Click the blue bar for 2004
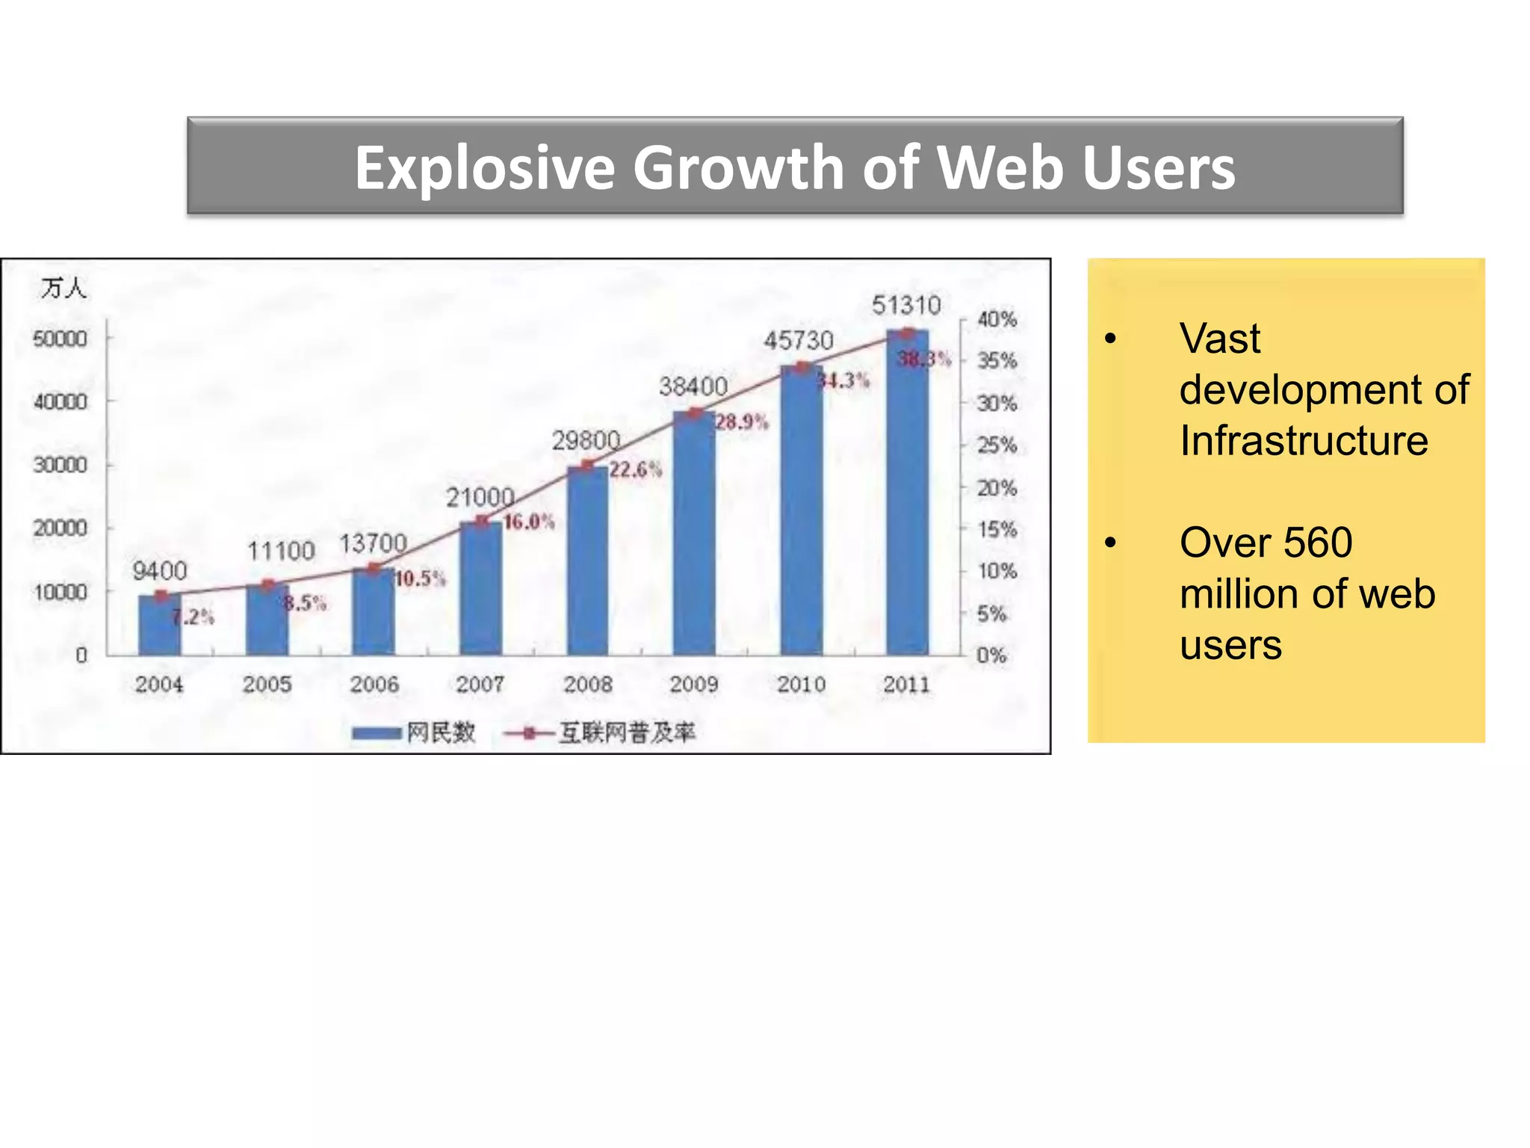pyautogui.click(x=159, y=626)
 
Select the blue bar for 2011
pyautogui.click(x=907, y=493)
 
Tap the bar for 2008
pyautogui.click(x=587, y=561)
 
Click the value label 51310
pyautogui.click(x=906, y=305)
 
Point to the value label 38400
pyautogui.click(x=693, y=386)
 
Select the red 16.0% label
pyautogui.click(x=529, y=522)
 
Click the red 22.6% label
pyautogui.click(x=635, y=469)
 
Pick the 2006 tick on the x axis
pyautogui.click(x=374, y=684)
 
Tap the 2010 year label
pyautogui.click(x=801, y=684)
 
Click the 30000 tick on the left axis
pyautogui.click(x=60, y=465)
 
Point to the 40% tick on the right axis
pyautogui.click(x=997, y=319)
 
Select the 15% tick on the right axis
pyautogui.click(x=997, y=529)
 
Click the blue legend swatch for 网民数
pyautogui.click(x=377, y=733)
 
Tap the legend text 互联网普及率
pyautogui.click(x=628, y=732)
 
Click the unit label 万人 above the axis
pyautogui.click(x=64, y=288)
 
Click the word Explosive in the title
pyautogui.click(x=484, y=167)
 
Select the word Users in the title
pyautogui.click(x=1159, y=167)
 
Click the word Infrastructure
pyautogui.click(x=1304, y=440)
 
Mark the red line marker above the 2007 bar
pyautogui.click(x=483, y=521)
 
